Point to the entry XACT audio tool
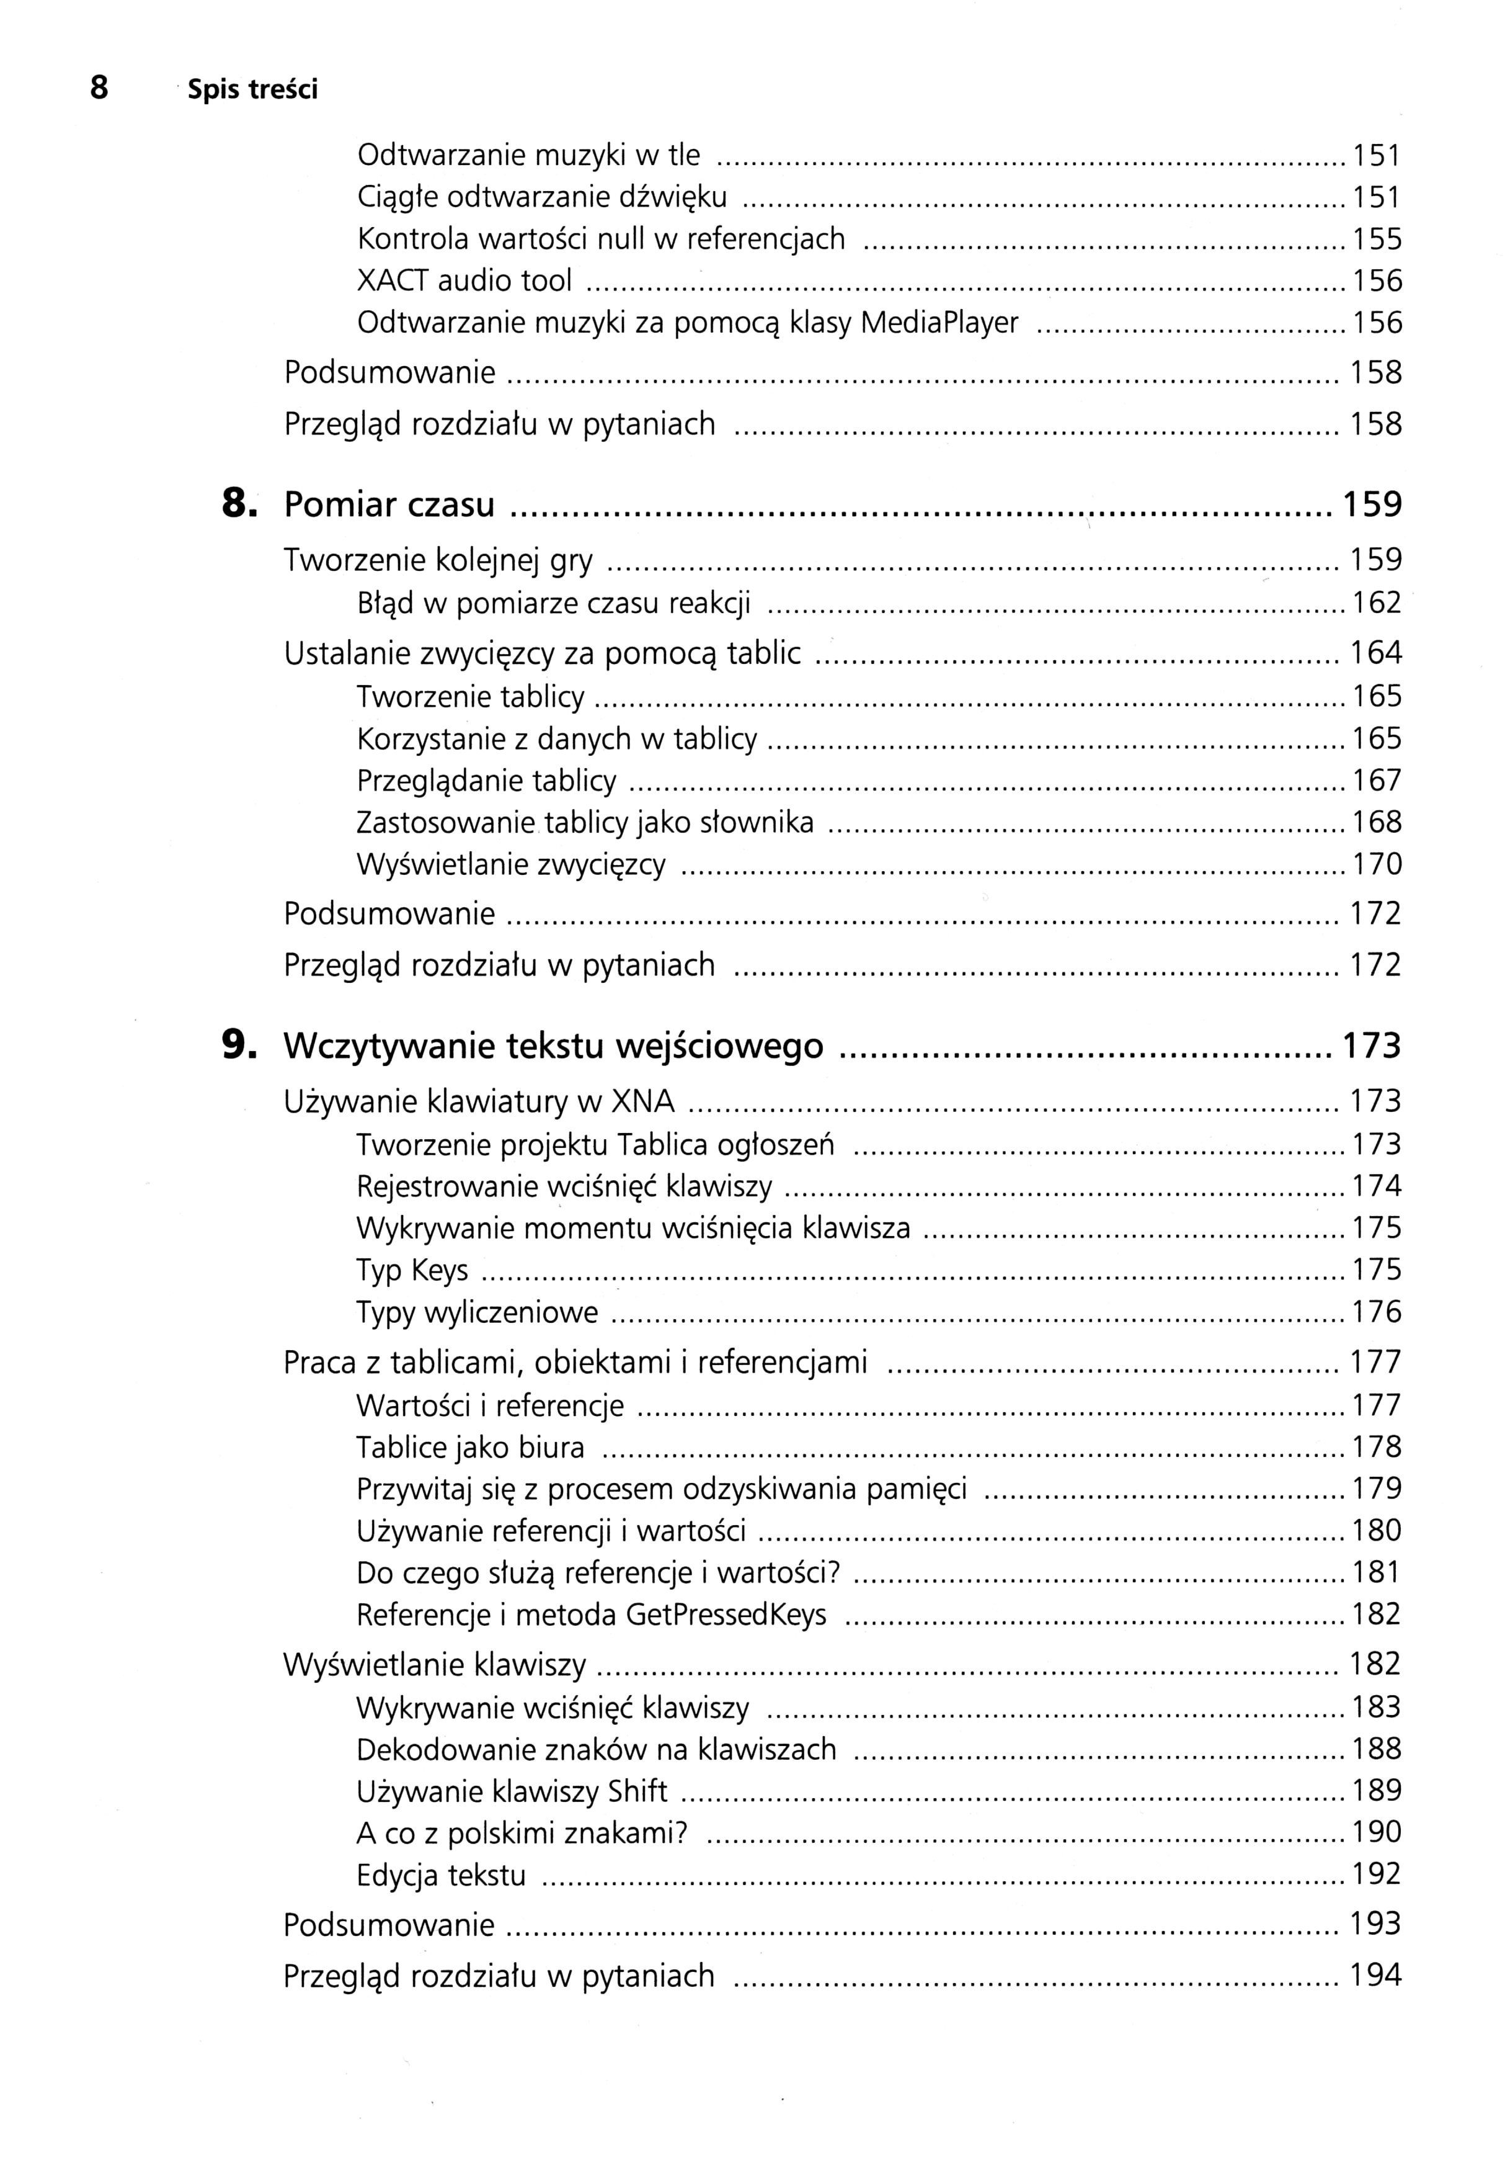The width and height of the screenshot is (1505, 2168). (x=464, y=281)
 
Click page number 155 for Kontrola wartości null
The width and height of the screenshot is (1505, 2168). (x=1377, y=240)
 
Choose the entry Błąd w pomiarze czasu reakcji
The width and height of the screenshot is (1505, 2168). (x=554, y=603)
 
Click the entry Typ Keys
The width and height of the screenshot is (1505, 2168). (x=412, y=1270)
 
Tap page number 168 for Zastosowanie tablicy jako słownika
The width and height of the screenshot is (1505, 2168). (x=1377, y=823)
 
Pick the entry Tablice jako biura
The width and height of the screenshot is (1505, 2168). (x=469, y=1447)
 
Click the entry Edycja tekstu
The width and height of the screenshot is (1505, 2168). (x=440, y=1875)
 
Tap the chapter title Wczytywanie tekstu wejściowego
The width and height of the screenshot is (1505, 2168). (x=553, y=1046)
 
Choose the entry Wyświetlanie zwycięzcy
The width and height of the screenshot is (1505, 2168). (x=511, y=864)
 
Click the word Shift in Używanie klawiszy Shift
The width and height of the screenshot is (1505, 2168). (x=637, y=1791)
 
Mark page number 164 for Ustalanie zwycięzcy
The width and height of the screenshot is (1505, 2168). (x=1376, y=653)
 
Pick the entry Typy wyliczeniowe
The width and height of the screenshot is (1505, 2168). (x=477, y=1312)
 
